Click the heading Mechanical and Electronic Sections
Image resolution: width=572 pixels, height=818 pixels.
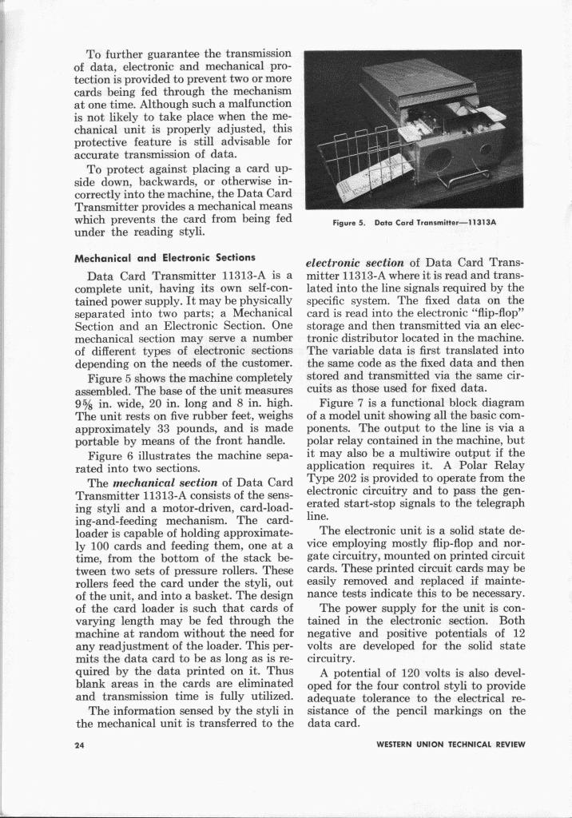click(165, 258)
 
